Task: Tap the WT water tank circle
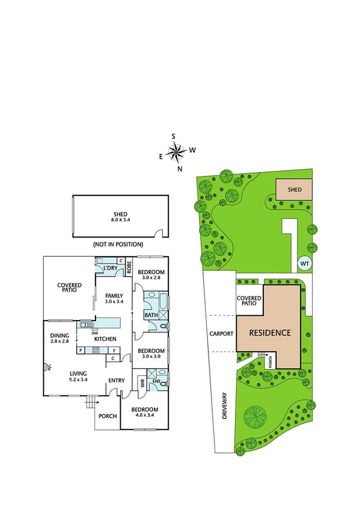(x=305, y=263)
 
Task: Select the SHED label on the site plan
(x=294, y=189)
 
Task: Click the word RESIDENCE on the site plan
(x=270, y=333)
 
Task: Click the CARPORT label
(x=221, y=333)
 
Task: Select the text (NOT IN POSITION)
(x=118, y=245)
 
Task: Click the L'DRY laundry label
(x=109, y=268)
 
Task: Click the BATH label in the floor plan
(x=151, y=315)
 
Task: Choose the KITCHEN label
(x=105, y=339)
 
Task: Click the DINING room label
(x=60, y=336)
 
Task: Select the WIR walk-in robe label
(x=142, y=381)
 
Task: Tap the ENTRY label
(x=116, y=380)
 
